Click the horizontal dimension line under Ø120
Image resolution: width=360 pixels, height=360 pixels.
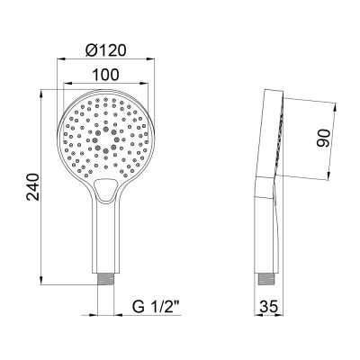coord(105,60)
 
